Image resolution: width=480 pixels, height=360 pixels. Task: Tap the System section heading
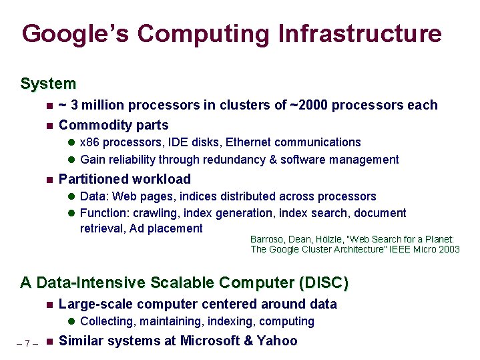(x=48, y=83)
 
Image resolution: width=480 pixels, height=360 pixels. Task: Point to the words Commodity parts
(x=113, y=125)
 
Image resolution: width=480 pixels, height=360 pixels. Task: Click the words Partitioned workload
(x=125, y=179)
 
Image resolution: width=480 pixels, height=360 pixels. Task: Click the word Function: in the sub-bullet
(x=105, y=213)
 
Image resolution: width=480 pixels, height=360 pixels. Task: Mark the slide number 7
(x=26, y=343)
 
